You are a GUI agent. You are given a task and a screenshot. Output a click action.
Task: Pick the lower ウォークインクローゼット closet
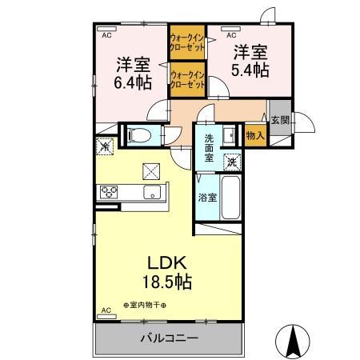(186, 80)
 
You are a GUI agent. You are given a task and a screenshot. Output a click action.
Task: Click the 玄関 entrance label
(280, 122)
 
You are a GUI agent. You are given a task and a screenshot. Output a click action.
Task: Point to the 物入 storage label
(255, 136)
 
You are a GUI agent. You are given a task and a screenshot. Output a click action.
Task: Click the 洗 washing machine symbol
(230, 159)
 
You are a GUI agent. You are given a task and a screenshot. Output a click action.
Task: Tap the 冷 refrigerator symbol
(104, 147)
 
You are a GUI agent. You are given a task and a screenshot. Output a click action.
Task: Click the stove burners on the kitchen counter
(110, 192)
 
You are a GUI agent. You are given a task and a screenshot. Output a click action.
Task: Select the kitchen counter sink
(151, 192)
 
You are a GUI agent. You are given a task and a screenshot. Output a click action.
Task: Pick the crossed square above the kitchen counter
(150, 170)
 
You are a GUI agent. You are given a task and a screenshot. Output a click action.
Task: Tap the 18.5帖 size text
(166, 281)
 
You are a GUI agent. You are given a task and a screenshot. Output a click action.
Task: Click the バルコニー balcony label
(170, 339)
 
